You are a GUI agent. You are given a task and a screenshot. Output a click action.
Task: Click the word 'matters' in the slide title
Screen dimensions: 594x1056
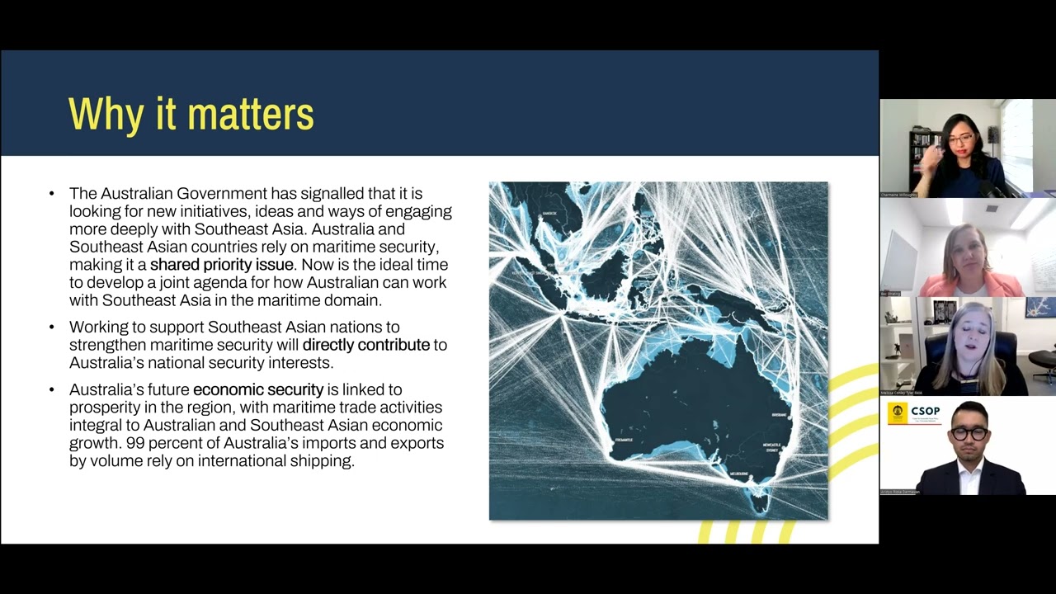pyautogui.click(x=252, y=114)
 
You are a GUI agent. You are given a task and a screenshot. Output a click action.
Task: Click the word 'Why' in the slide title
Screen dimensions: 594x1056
pyautogui.click(x=106, y=114)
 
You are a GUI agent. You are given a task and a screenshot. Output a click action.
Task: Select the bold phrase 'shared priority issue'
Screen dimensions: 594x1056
pyautogui.click(x=221, y=265)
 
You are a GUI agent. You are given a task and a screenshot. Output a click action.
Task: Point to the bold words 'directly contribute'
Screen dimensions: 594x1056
pyautogui.click(x=365, y=345)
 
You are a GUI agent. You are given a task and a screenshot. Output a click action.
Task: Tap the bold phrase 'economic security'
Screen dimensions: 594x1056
pyautogui.click(x=257, y=389)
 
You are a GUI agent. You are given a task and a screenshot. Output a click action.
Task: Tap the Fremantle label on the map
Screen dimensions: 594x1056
pyautogui.click(x=624, y=441)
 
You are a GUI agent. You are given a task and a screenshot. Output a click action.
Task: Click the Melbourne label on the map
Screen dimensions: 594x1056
pyautogui.click(x=738, y=474)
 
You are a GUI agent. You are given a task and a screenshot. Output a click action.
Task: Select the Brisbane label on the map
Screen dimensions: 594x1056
pyautogui.click(x=779, y=415)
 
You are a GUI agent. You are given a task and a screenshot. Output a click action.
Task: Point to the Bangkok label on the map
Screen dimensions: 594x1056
pyautogui.click(x=548, y=214)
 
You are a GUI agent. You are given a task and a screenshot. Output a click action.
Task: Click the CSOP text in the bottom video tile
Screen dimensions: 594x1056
pyautogui.click(x=926, y=411)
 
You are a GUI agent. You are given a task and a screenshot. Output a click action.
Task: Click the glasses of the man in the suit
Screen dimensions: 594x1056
pyautogui.click(x=968, y=433)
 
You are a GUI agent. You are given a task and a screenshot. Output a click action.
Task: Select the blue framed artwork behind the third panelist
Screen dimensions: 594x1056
pyautogui.click(x=1039, y=307)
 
